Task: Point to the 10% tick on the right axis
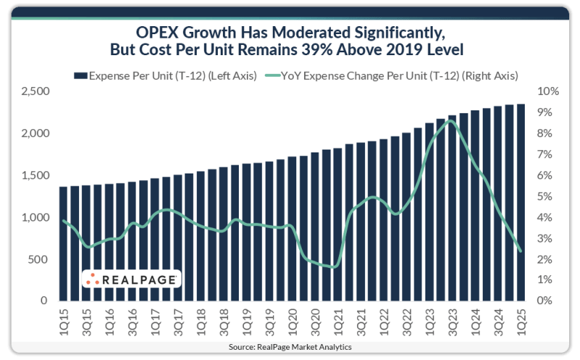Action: [x=547, y=92]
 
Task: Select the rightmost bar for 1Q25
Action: [x=520, y=202]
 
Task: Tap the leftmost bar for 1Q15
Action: [x=64, y=243]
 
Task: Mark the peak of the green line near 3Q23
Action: [x=450, y=120]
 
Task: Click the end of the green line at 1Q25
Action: [x=520, y=251]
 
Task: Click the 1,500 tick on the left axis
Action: [x=34, y=176]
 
